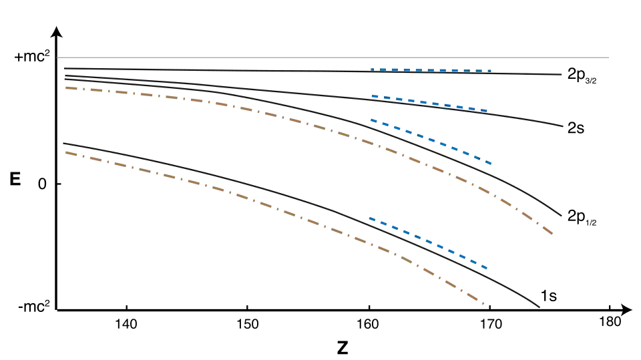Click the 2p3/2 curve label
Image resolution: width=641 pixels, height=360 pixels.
[x=582, y=75]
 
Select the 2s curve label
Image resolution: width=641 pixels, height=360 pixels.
[x=576, y=128]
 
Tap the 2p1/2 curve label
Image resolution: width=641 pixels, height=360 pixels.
[x=582, y=217]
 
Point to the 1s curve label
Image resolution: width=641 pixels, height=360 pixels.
[x=549, y=296]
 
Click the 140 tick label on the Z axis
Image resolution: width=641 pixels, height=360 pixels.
[x=126, y=325]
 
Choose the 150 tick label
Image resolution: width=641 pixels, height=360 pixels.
[x=248, y=325]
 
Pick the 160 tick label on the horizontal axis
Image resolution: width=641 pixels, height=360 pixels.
[x=369, y=325]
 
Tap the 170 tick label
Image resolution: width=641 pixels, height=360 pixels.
[x=490, y=325]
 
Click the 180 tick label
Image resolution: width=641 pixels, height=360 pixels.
[x=610, y=322]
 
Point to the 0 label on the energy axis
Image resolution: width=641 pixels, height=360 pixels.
[x=42, y=184]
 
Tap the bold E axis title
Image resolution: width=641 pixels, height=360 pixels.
[x=15, y=179]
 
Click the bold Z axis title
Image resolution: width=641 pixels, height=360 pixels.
[x=343, y=348]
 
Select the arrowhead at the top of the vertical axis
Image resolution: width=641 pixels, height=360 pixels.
[x=57, y=31]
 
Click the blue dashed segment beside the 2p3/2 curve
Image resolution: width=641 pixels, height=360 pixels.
[x=431, y=70]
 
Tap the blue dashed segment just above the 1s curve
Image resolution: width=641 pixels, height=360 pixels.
[x=428, y=242]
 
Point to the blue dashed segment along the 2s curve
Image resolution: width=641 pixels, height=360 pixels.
[x=429, y=104]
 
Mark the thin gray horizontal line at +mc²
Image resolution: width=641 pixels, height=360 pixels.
[x=333, y=57]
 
